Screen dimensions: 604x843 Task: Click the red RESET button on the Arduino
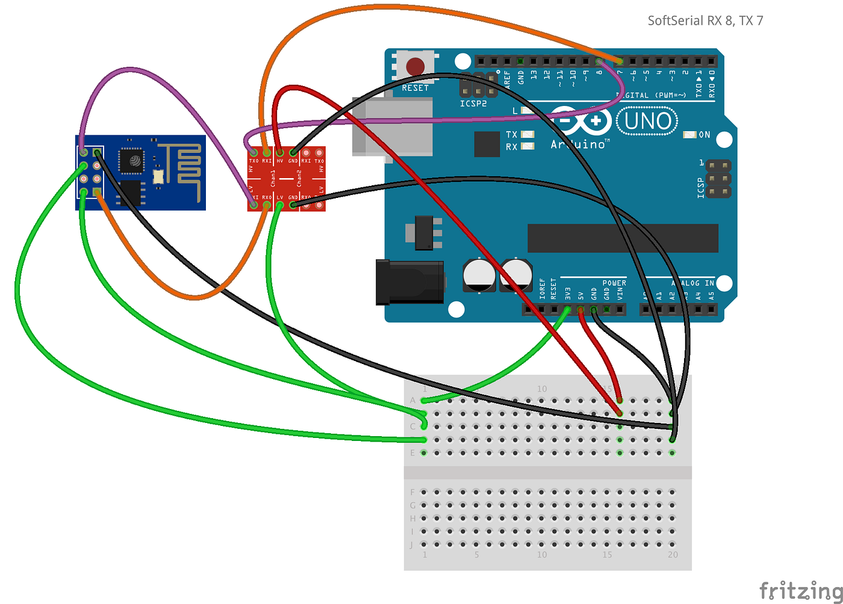click(x=415, y=66)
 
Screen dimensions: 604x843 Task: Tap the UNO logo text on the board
click(x=647, y=122)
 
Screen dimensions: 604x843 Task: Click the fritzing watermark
click(x=800, y=590)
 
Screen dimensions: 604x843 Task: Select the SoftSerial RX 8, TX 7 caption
click(x=705, y=21)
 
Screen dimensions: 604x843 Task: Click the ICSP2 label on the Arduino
click(x=473, y=103)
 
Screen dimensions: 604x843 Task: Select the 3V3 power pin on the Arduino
click(x=568, y=309)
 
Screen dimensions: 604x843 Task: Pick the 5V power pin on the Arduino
click(x=581, y=309)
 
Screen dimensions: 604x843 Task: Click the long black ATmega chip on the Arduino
click(x=623, y=238)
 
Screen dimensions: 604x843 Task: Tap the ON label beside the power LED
click(x=705, y=135)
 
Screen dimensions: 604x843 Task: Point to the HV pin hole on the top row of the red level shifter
click(x=280, y=153)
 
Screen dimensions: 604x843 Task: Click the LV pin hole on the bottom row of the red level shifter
click(x=280, y=205)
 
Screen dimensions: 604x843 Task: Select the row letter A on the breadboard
click(x=412, y=400)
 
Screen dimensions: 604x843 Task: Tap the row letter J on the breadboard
click(x=412, y=544)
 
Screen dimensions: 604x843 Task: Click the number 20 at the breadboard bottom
click(x=673, y=555)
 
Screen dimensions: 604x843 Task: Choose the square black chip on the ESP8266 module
click(x=132, y=161)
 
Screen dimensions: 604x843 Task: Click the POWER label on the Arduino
click(x=614, y=283)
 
